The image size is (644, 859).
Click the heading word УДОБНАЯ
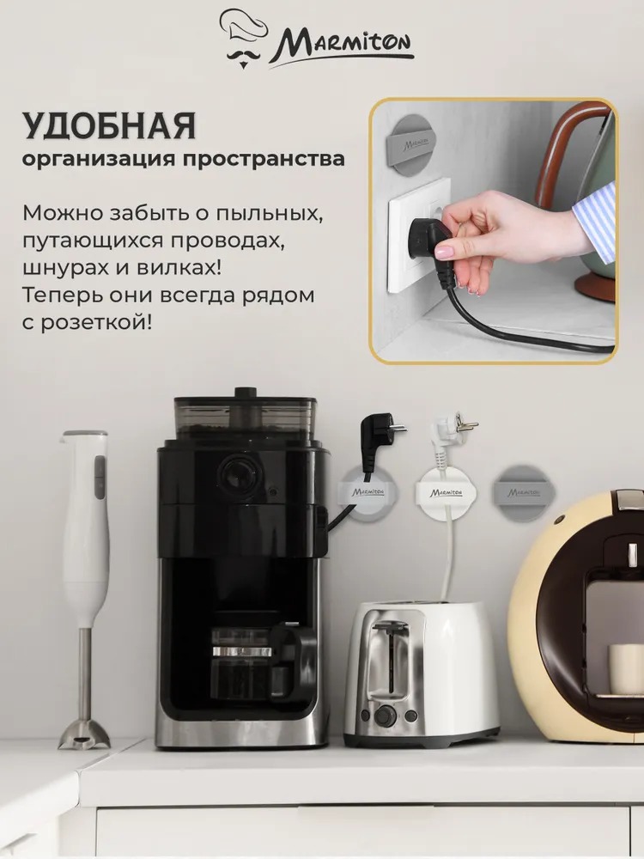[x=109, y=125]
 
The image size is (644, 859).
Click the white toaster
[x=422, y=673]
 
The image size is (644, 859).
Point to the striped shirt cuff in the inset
[x=594, y=216]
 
